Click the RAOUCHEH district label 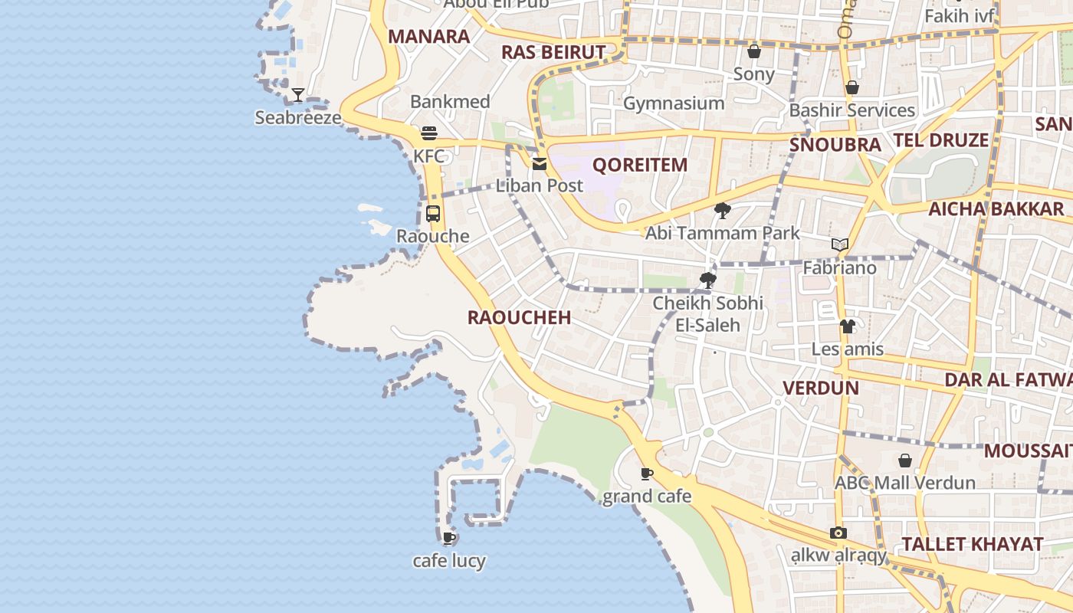[x=519, y=318]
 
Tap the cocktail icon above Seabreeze [x=298, y=95]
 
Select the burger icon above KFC [x=428, y=133]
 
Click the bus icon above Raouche [x=433, y=214]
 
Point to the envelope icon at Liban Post [x=540, y=163]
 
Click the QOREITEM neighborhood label [x=640, y=165]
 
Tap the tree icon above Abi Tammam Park [x=722, y=211]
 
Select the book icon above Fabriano [x=840, y=245]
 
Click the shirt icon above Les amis [x=847, y=326]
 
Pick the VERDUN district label [x=820, y=388]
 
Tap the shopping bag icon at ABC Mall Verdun [x=905, y=461]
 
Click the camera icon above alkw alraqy [x=838, y=533]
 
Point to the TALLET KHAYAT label [x=972, y=544]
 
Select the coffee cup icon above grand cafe [x=647, y=474]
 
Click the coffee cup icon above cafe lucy [x=449, y=538]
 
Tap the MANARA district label [x=428, y=36]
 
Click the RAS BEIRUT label [x=553, y=52]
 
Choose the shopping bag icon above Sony [x=754, y=51]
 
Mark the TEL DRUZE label [x=940, y=140]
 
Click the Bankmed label [x=450, y=101]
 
